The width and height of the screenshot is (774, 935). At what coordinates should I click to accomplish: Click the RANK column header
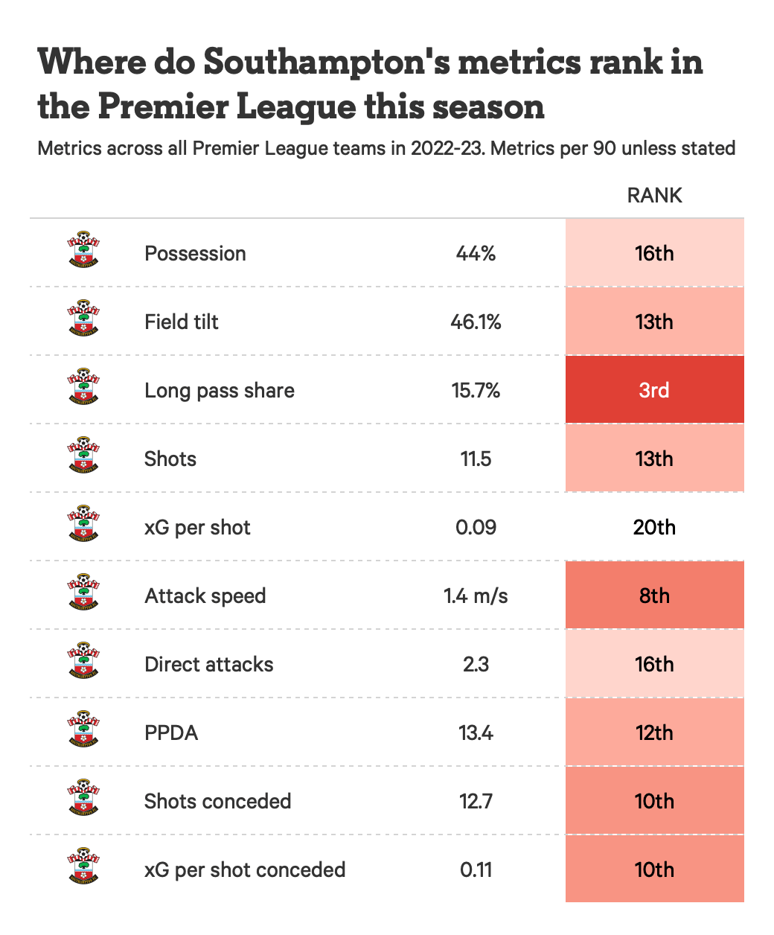click(x=654, y=195)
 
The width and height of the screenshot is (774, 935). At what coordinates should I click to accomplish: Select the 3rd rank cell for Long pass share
click(x=654, y=390)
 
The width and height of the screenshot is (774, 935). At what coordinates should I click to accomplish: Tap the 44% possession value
click(x=476, y=253)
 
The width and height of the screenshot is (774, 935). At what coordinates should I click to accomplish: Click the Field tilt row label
click(x=182, y=322)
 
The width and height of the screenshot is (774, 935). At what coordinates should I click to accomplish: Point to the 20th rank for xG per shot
click(x=654, y=527)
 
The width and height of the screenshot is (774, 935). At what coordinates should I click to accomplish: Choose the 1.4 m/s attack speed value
click(x=476, y=596)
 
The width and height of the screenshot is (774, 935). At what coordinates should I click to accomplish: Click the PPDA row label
click(x=171, y=733)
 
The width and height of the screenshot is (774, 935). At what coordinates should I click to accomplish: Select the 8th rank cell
click(x=654, y=596)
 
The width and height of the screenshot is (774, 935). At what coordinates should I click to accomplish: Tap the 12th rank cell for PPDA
click(x=654, y=733)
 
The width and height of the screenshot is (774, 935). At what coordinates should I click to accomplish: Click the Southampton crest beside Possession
click(x=83, y=251)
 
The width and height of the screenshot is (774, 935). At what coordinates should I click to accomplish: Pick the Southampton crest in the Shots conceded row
click(x=83, y=799)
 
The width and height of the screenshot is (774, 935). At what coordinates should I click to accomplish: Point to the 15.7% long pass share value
click(x=476, y=390)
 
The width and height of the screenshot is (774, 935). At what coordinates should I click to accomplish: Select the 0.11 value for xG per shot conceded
click(x=476, y=869)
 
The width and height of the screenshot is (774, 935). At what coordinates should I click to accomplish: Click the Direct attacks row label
click(x=209, y=664)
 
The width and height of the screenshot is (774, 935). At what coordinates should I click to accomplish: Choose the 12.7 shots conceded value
click(x=476, y=801)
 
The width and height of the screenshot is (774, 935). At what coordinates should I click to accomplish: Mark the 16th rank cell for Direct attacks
click(x=654, y=664)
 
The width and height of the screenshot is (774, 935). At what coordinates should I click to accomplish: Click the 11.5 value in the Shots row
click(x=476, y=459)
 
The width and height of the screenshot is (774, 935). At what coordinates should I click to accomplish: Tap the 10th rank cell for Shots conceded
click(x=654, y=801)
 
